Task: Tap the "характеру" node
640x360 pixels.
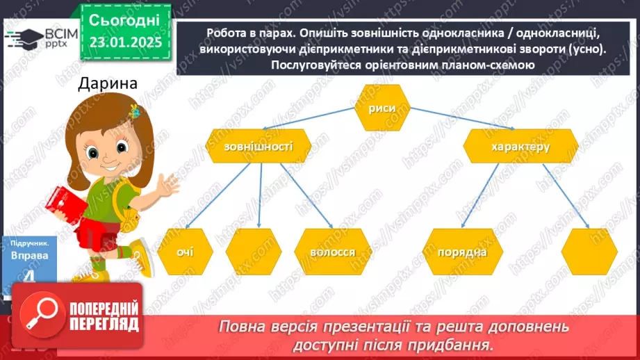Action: pos(520,147)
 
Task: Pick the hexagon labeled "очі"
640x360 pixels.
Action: pos(184,252)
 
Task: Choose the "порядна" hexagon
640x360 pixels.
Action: pos(462,252)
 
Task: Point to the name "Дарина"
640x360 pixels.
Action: pos(108,84)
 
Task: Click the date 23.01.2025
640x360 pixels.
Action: pos(125,42)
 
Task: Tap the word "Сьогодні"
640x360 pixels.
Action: pos(125,19)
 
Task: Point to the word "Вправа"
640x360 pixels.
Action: pos(30,255)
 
